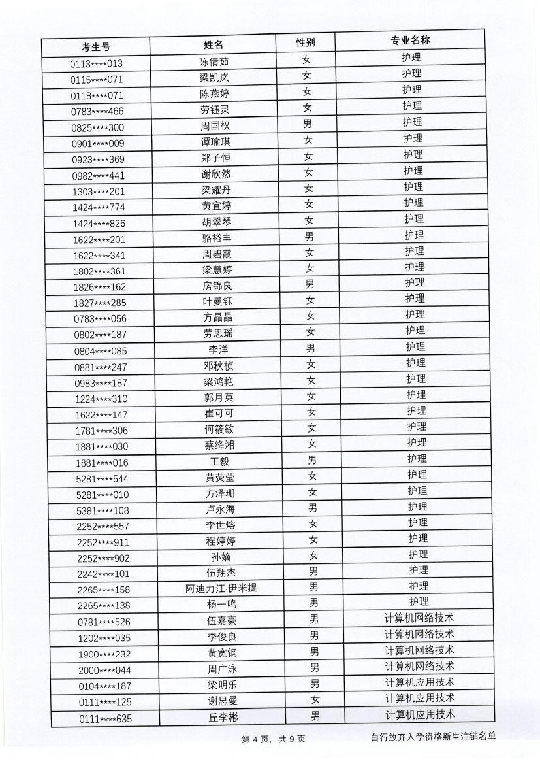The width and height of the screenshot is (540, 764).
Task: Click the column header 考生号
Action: pyautogui.click(x=96, y=46)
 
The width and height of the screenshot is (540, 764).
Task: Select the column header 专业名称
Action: pyautogui.click(x=410, y=41)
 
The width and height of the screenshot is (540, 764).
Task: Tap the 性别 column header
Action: pyautogui.click(x=306, y=42)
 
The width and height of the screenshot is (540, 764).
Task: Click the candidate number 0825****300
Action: pyautogui.click(x=97, y=127)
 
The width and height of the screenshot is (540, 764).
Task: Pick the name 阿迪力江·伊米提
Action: pyautogui.click(x=221, y=588)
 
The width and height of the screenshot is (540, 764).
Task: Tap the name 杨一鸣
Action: pyautogui.click(x=221, y=604)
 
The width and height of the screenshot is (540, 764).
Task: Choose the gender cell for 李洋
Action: pyautogui.click(x=311, y=348)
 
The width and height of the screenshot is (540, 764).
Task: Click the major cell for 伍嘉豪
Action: pyautogui.click(x=419, y=618)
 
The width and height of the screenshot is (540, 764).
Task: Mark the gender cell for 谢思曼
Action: pyautogui.click(x=315, y=699)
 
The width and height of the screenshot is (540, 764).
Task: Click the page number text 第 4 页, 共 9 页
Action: pyautogui.click(x=274, y=739)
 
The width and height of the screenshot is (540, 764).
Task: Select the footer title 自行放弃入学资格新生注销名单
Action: pyautogui.click(x=432, y=737)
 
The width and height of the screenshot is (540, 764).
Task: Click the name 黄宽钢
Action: pyautogui.click(x=221, y=652)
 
